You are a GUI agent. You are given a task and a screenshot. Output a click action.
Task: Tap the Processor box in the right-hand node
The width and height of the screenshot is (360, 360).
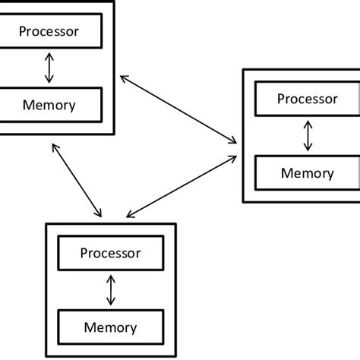pos(307,99)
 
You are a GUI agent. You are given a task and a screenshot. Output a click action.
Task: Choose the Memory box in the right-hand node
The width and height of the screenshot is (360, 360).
pos(307,172)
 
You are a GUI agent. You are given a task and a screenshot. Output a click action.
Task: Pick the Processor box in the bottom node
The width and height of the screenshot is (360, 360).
pos(111,254)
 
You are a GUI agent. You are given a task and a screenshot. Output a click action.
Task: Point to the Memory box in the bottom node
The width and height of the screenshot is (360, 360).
pos(111,327)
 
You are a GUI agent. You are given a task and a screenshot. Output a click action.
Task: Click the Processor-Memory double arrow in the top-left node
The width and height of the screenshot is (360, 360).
pos(49,68)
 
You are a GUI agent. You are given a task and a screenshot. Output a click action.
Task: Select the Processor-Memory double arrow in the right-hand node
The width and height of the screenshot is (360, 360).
pos(307,135)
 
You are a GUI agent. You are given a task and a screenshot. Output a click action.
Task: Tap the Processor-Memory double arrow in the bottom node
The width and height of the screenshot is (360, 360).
pos(111,290)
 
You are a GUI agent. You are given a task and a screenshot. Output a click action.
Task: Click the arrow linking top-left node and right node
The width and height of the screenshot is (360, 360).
pos(178,107)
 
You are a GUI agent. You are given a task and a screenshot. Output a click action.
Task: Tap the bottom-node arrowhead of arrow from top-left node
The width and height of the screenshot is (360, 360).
pos(99,214)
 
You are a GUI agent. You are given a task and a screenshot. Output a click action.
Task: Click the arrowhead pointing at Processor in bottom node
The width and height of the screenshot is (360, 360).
pos(111,277)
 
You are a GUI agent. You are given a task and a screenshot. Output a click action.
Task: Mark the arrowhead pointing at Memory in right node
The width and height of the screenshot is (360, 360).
pos(307,150)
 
